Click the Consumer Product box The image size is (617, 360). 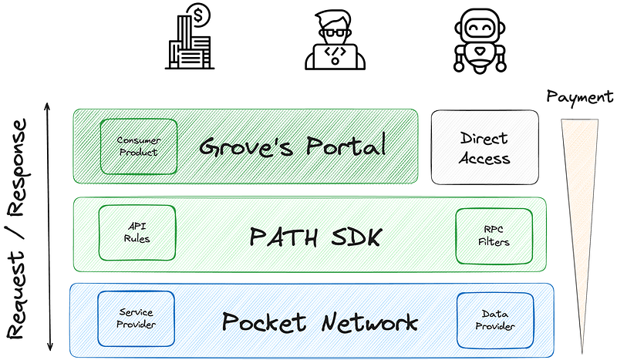(139, 146)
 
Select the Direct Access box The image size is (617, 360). (485, 147)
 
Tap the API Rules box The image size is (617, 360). (137, 233)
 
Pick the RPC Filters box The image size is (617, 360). (494, 236)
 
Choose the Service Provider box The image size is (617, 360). (137, 318)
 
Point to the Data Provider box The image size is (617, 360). (495, 320)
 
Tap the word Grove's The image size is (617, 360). (246, 146)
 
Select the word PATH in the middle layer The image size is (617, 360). (284, 237)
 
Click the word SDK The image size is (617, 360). (356, 237)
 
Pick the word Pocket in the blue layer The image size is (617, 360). (264, 321)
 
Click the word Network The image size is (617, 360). (369, 323)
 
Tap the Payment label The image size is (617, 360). (580, 97)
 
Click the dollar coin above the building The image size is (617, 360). (198, 15)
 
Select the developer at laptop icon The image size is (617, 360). (335, 40)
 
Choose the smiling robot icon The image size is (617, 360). (480, 41)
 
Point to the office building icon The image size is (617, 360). (189, 42)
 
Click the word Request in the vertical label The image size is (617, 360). (16, 295)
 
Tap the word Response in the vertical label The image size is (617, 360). (17, 167)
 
